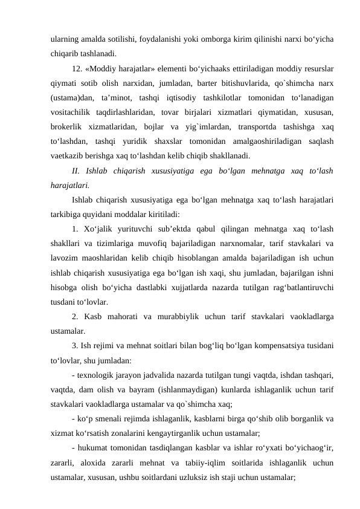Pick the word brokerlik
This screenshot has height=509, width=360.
click(69, 127)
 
